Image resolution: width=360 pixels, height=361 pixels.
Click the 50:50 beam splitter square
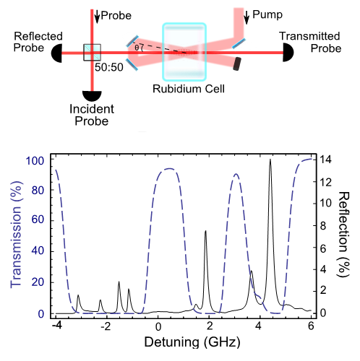[92, 52]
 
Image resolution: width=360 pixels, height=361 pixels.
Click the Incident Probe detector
[92, 96]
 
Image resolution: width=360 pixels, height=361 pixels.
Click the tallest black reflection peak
[270, 160]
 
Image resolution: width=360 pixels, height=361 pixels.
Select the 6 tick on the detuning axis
[311, 326]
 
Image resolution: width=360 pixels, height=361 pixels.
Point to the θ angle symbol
[138, 48]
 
